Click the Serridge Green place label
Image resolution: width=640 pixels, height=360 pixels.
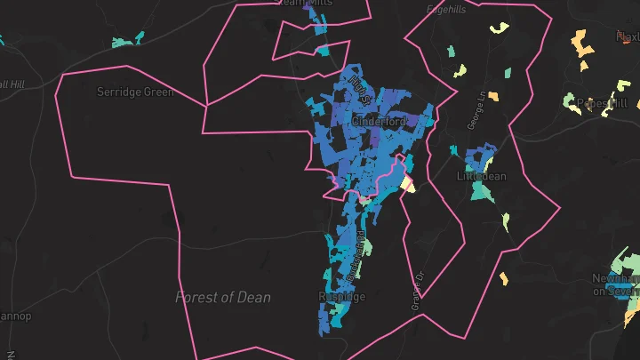(x=135, y=92)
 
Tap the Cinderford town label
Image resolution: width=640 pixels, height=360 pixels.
(x=379, y=121)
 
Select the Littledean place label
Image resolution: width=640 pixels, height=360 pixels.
(x=481, y=176)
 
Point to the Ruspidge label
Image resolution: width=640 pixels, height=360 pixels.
(x=340, y=296)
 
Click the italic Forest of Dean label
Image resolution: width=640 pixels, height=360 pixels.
(x=223, y=297)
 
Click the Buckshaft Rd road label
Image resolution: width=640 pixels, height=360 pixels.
(x=356, y=258)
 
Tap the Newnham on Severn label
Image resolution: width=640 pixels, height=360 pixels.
(x=615, y=284)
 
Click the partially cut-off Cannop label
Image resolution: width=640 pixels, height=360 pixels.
(x=15, y=316)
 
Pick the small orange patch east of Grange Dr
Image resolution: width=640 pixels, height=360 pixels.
(x=503, y=278)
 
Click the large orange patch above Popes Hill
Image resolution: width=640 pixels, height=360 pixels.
(x=582, y=44)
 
